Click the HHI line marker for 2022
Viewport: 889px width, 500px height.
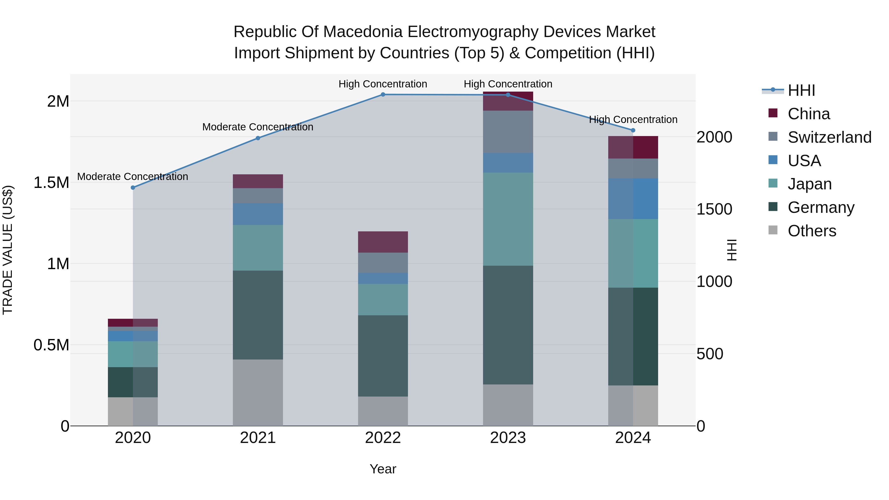tap(383, 94)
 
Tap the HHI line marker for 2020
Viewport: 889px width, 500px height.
tap(133, 187)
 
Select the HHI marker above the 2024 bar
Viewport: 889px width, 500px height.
tap(633, 130)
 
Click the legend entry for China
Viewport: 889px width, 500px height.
tap(808, 114)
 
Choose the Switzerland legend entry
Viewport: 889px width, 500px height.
tap(829, 137)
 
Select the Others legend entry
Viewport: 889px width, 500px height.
tap(812, 231)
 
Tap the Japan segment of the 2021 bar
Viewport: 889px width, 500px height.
tap(258, 247)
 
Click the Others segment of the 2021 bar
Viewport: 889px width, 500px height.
tap(258, 392)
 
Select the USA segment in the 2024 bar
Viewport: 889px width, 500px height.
tap(633, 199)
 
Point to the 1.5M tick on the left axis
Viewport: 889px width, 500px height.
tap(51, 182)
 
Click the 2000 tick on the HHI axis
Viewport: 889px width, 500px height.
tap(714, 137)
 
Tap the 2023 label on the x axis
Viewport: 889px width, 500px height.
tap(508, 438)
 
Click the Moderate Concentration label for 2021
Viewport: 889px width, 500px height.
tap(258, 127)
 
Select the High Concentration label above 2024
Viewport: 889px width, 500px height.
tap(633, 120)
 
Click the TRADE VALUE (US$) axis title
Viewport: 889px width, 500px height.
tap(8, 250)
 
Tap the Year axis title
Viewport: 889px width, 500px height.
tap(383, 469)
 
